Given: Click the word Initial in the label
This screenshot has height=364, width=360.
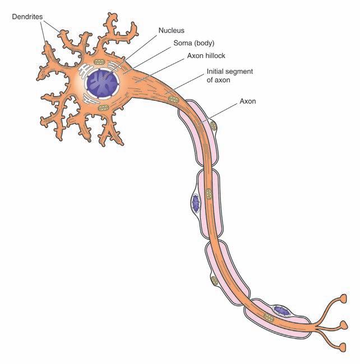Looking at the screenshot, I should (x=216, y=72).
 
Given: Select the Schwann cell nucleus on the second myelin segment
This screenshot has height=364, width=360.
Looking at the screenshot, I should (x=196, y=203).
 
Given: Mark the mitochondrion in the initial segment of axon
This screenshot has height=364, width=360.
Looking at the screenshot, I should (x=173, y=100).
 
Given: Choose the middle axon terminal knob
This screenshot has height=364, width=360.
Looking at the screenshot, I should (x=344, y=324).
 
